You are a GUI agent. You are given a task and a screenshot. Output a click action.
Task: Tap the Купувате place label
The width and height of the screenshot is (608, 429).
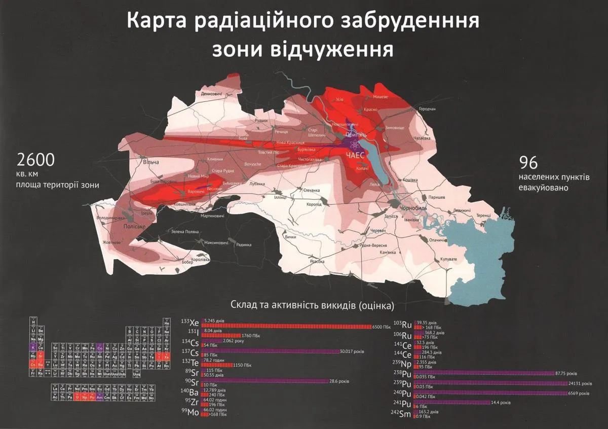(x=448, y=259)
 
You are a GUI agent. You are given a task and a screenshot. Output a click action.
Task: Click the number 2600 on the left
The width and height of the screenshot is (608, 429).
(x=35, y=161)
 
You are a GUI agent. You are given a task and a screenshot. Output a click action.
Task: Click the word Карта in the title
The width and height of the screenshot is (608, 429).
(x=163, y=22)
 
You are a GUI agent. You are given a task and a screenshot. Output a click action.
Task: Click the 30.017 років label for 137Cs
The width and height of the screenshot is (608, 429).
(x=353, y=351)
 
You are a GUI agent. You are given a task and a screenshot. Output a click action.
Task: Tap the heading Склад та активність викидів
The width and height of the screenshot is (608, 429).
(x=312, y=305)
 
